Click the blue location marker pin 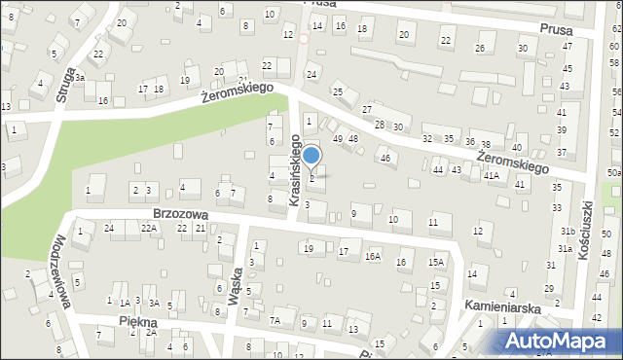311,157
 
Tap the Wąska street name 234,286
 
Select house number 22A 148,228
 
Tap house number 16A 372,257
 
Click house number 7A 275,320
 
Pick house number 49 338,139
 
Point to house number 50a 613,172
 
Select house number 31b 567,231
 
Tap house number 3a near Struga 81,77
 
